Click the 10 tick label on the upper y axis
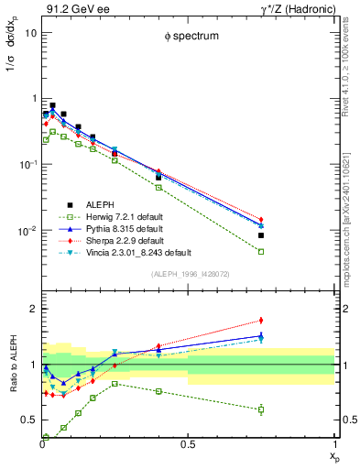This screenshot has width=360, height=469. (30, 32)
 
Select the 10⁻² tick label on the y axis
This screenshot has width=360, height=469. (27, 230)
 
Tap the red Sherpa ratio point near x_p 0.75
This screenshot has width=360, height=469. (261, 321)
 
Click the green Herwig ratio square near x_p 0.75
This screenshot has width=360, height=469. (261, 409)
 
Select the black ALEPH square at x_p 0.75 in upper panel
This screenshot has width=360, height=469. (261, 235)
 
